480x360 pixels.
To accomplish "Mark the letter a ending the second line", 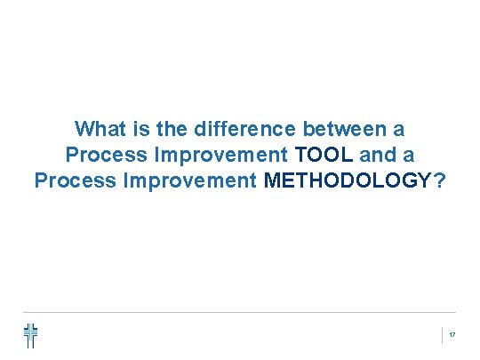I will pos(408,156).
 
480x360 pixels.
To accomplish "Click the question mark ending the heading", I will pos(439,181).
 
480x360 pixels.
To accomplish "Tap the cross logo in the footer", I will pos(31,335).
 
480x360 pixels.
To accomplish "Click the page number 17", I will pos(452,335).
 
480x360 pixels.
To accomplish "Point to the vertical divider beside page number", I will pos(442,335).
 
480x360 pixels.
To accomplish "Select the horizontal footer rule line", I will pos(240,312).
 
